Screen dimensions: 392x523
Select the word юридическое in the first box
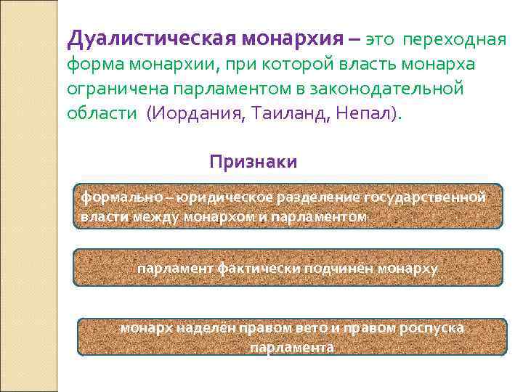tap(215, 197)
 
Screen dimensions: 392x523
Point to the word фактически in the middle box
tap(267, 269)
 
